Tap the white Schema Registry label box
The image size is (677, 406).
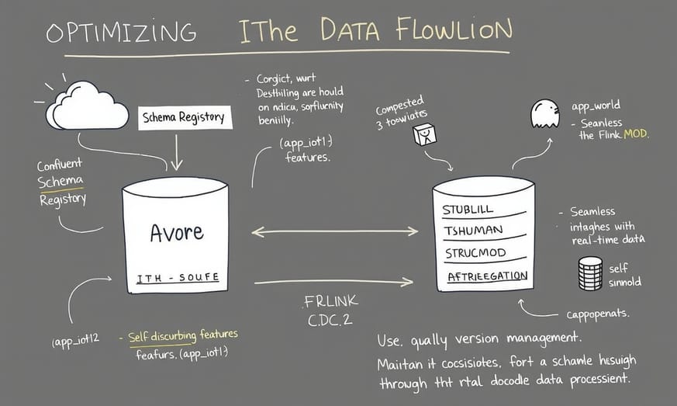pos(183,117)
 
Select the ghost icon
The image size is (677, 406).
pos(544,113)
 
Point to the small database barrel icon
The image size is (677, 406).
pos(591,272)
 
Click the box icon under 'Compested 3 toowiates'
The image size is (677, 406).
pos(424,136)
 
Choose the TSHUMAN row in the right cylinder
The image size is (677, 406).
pos(473,231)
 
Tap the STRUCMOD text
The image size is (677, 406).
pos(475,253)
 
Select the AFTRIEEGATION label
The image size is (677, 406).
pos(487,276)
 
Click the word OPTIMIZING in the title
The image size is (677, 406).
pos(120,33)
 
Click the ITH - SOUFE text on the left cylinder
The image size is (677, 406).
pos(178,277)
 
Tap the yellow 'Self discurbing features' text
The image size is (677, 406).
pos(183,335)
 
